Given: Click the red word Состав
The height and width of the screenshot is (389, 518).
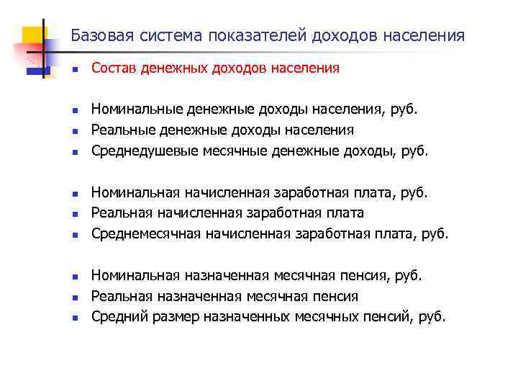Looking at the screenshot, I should coord(112,68).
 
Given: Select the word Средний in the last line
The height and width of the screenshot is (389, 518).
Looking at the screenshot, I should coord(114,316).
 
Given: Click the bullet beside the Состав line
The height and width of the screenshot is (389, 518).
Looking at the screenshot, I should coord(74,69).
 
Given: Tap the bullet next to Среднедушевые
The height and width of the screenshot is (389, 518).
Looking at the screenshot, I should coord(74,152).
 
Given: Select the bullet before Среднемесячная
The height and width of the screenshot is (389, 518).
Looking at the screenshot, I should coord(74,234).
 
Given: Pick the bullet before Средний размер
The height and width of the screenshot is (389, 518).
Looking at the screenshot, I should coord(74,316).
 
